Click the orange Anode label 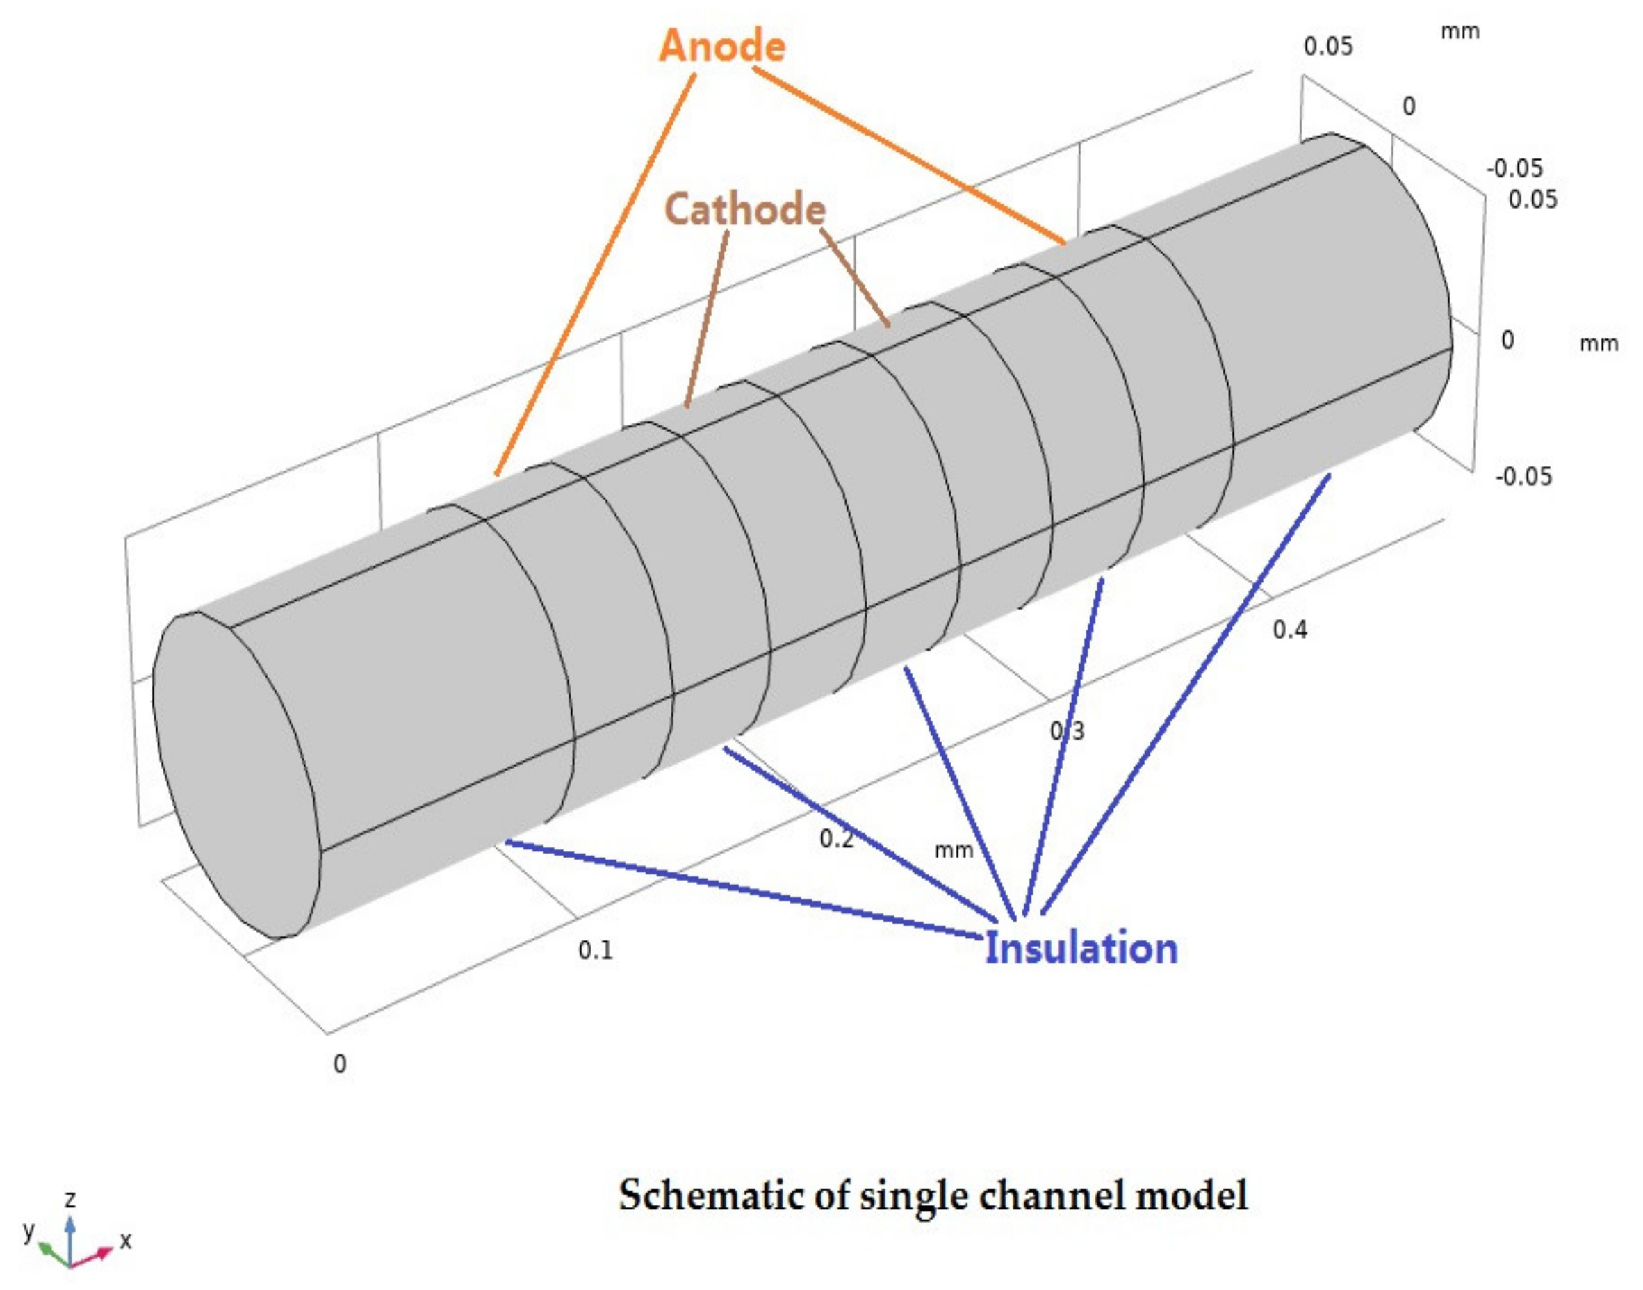coord(722,47)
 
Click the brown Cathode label coord(745,209)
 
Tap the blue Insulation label coord(1081,949)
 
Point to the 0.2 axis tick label coord(837,838)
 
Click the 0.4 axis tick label coord(1290,629)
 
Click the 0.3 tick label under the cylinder coord(1067,730)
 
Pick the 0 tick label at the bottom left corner coord(340,1064)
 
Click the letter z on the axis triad coord(70,1200)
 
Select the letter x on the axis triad coord(125,1240)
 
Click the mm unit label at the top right coord(1460,32)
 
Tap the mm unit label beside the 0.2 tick coord(954,851)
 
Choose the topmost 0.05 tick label coord(1329,47)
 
